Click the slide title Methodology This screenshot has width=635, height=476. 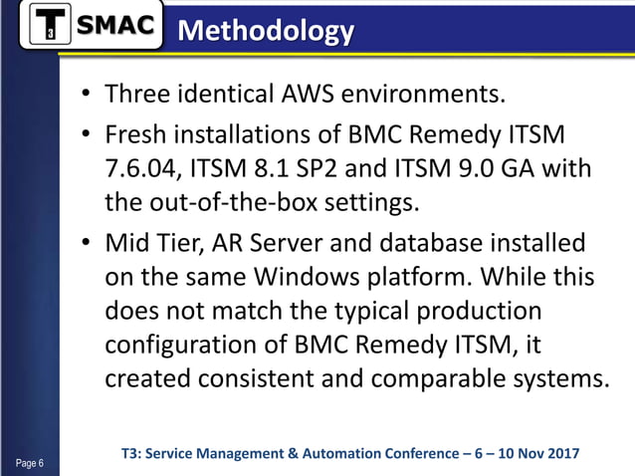point(264,31)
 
